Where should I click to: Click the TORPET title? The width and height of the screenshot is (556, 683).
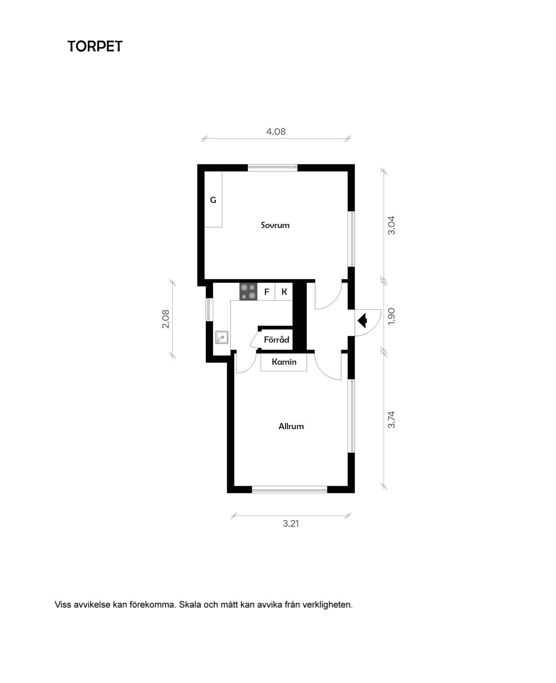(95, 46)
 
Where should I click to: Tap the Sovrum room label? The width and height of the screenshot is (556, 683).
(275, 225)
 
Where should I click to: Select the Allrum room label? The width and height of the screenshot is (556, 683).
(291, 426)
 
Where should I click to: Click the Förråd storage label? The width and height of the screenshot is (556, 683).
(276, 340)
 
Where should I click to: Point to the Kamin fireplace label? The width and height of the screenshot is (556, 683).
(284, 362)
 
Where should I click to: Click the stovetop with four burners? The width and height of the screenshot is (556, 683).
(248, 292)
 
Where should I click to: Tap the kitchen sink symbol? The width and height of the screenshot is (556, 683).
(222, 337)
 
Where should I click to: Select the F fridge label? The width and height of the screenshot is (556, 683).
(266, 292)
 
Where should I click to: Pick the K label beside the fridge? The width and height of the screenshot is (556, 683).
(284, 292)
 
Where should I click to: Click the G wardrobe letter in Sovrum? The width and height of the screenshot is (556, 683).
(213, 200)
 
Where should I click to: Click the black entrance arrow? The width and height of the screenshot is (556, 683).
(363, 321)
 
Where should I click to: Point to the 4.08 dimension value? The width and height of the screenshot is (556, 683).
(276, 132)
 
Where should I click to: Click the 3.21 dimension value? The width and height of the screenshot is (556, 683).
(291, 524)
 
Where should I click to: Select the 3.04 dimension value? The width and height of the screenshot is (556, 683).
(392, 225)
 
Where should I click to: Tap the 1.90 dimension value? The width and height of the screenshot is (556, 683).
(392, 316)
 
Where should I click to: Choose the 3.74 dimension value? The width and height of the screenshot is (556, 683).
(392, 419)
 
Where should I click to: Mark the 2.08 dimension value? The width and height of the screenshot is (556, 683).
(166, 319)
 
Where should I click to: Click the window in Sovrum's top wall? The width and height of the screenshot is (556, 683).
(273, 167)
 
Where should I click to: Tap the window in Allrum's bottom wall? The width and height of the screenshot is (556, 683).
(290, 490)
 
